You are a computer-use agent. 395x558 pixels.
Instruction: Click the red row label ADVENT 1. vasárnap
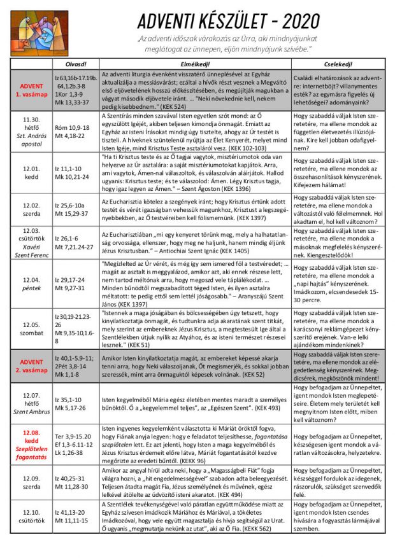[31, 90]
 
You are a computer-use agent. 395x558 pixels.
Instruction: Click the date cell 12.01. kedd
[31, 172]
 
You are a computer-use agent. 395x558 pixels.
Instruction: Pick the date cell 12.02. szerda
[31, 209]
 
